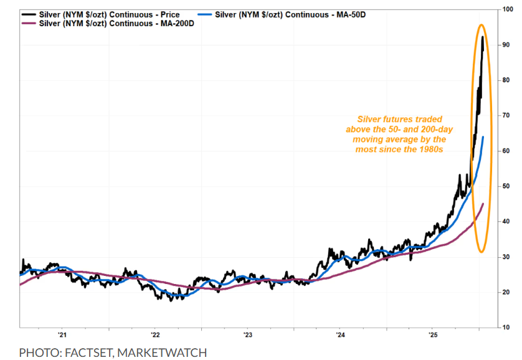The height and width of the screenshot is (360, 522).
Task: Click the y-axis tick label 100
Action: (508, 9)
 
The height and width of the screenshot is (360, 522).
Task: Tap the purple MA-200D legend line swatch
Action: (29, 23)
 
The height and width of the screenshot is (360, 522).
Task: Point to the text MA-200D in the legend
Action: (170, 23)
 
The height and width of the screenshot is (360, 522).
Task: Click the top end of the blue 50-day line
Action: (483, 137)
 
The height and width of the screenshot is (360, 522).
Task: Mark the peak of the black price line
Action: (483, 37)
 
